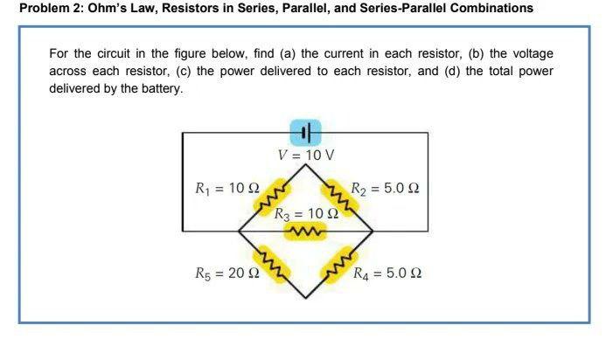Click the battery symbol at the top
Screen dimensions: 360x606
(x=306, y=133)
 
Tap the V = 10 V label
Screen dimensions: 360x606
(x=306, y=156)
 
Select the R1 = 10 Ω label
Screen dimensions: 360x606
(x=226, y=188)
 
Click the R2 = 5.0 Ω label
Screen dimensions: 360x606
(x=386, y=188)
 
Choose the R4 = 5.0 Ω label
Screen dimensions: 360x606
(x=386, y=273)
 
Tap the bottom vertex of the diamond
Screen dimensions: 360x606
(x=306, y=298)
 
